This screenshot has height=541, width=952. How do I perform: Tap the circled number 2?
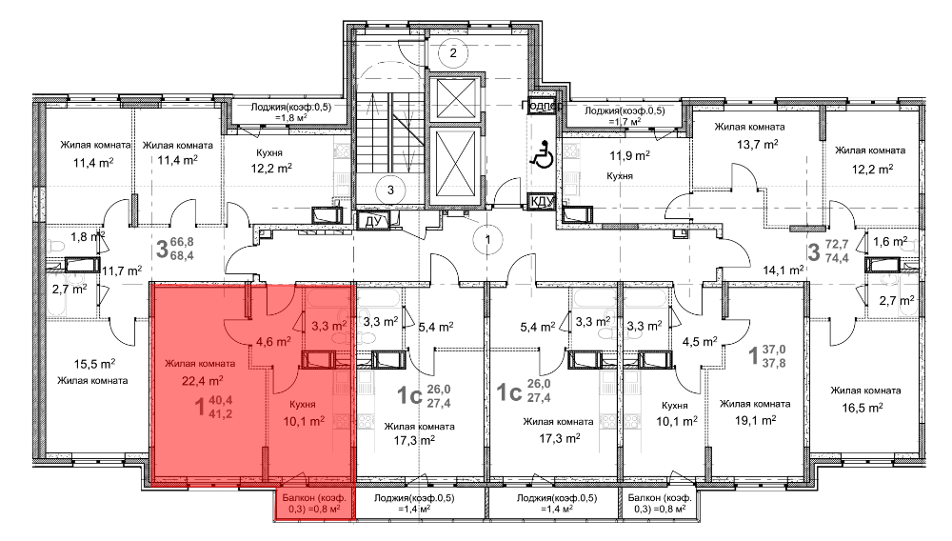pos(453,52)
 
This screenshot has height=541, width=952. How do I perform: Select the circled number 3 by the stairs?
pos(390,190)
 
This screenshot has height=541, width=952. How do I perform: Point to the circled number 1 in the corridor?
pos(487,239)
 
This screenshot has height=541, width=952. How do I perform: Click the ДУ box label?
pos(372,221)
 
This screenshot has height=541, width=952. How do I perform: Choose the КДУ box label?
pos(543,201)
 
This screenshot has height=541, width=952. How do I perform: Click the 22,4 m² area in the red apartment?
pos(202,381)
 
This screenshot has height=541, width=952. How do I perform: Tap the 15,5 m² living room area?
pos(94,364)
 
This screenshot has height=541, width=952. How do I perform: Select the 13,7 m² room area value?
pos(757,144)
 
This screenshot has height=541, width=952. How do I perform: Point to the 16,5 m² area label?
pos(863,408)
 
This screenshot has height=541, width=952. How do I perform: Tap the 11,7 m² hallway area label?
pos(122,270)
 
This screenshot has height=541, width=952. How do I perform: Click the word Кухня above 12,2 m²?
pos(269,153)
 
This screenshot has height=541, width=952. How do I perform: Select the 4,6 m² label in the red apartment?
pos(273,341)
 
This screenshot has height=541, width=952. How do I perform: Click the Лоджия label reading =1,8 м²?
pos(290,112)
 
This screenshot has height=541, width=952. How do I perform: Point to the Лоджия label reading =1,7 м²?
pos(625,116)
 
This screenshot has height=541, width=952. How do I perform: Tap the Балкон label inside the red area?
pos(314,503)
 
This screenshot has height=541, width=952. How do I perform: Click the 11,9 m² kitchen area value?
pos(629,155)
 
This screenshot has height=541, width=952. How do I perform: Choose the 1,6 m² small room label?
pos(890,241)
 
